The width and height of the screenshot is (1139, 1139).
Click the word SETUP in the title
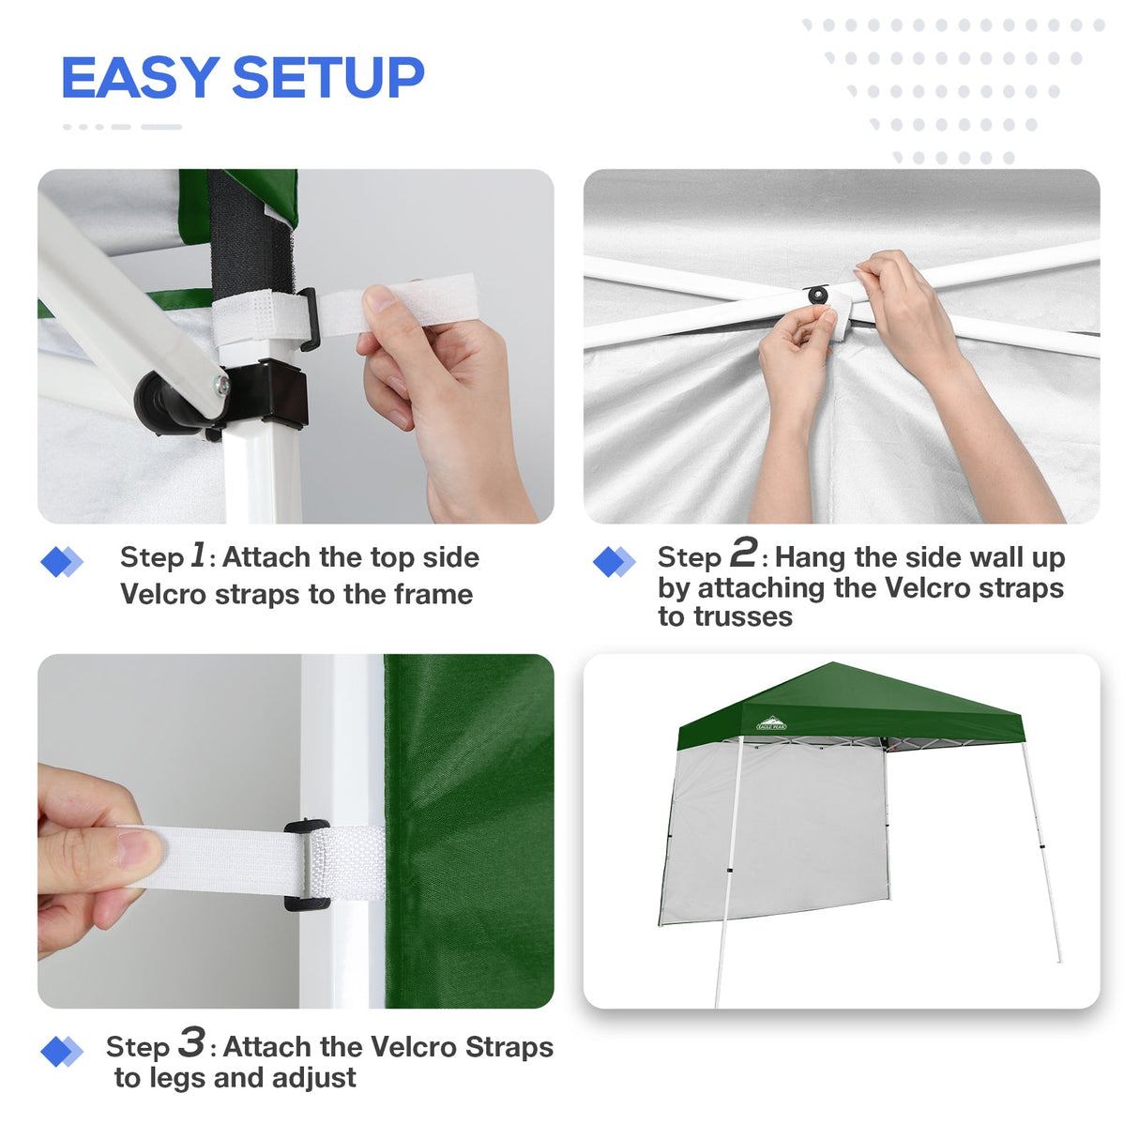pos(327,78)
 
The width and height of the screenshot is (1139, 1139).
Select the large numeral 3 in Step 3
pos(191,1041)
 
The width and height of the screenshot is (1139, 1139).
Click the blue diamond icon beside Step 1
pos(61,562)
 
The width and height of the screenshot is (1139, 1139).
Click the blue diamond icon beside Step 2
pos(614,562)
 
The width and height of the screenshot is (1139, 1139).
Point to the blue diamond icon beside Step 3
pos(61,1052)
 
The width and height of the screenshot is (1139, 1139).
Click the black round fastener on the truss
pos(818,296)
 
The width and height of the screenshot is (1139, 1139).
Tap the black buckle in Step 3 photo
pos(306,865)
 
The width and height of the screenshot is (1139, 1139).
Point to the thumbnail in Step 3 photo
pos(139,850)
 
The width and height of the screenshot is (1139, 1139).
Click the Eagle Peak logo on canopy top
pos(771,724)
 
